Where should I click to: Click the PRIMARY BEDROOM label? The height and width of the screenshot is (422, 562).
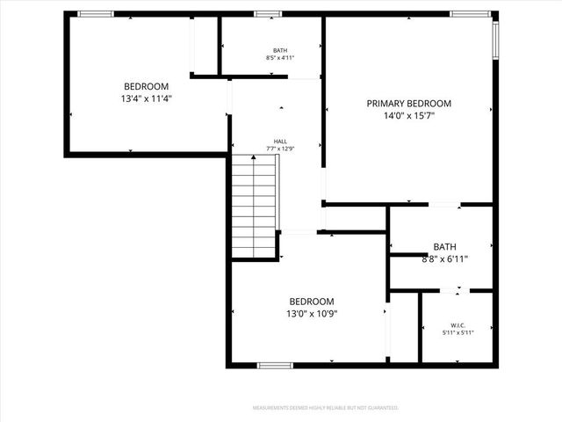[x=408, y=103]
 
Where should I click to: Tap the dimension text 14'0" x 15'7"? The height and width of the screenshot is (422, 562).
[x=408, y=115]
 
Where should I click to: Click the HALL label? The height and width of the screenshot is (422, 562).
[x=280, y=141]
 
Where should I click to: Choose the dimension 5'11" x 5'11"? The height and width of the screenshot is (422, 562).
[x=458, y=331]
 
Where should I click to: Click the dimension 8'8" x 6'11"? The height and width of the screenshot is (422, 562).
[x=444, y=258]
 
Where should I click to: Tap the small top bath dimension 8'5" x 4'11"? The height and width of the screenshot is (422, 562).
[x=280, y=58]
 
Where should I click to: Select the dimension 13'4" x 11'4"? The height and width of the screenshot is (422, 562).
[x=146, y=98]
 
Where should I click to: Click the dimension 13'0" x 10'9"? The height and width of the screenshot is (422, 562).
[x=312, y=313]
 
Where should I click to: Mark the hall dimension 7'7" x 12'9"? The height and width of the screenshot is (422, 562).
[x=280, y=149]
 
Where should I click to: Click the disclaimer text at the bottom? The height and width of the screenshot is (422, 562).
[x=326, y=408]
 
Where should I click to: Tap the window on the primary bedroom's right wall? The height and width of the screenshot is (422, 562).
[x=495, y=38]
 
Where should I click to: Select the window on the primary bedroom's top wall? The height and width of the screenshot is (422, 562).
[x=465, y=14]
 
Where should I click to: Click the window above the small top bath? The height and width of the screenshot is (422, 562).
[x=268, y=14]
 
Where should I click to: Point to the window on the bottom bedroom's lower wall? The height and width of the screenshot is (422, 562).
[x=275, y=365]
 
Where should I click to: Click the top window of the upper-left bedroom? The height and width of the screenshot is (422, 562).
[x=96, y=14]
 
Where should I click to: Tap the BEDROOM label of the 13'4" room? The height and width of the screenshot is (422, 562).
[x=146, y=86]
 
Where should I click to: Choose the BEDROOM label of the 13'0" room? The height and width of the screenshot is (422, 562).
[x=312, y=301]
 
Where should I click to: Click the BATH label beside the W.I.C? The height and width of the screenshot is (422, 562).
[x=444, y=246]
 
